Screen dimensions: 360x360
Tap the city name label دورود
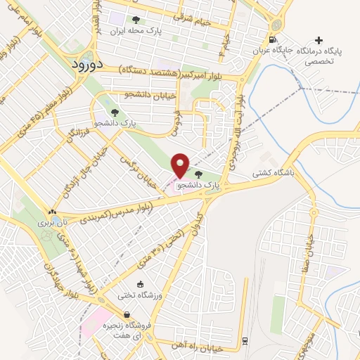(x=88, y=63)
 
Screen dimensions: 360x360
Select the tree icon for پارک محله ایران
(x=136, y=20)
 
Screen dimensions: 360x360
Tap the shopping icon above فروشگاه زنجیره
(x=126, y=314)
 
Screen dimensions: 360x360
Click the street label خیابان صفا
(x=309, y=246)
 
